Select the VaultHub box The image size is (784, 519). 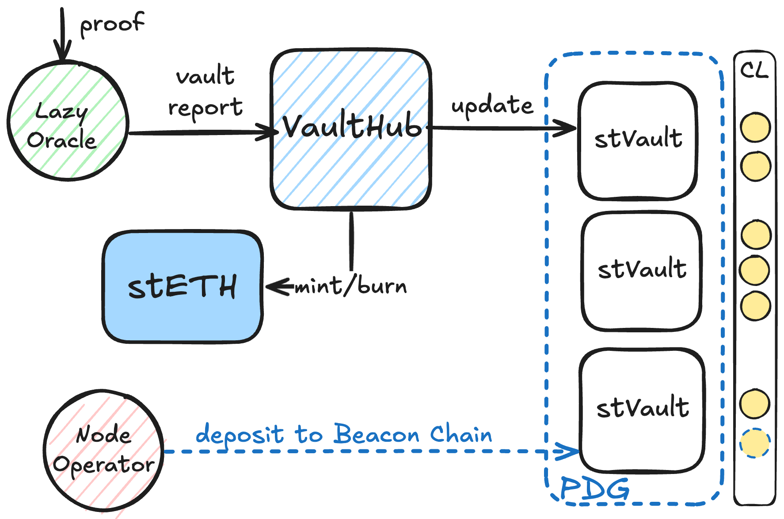pos(351,128)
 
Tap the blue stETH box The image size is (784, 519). pos(183,287)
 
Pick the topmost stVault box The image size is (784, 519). pos(638,140)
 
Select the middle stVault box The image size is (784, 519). pos(642,271)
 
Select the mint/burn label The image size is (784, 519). pos(350,286)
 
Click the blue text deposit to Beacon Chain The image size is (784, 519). pos(343,434)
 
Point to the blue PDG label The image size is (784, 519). pos(594,489)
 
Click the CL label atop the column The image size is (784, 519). pos(754,70)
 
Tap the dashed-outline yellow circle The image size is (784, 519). pos(755,443)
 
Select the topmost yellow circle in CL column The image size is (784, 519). pos(755,128)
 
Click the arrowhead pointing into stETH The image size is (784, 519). pos(273,286)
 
